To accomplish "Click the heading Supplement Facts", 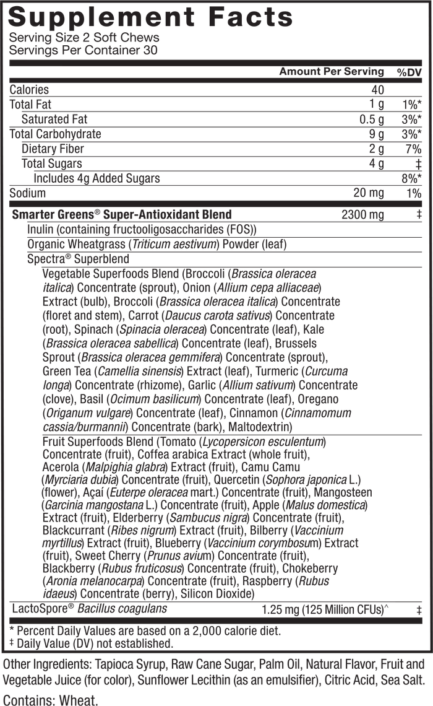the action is click(x=151, y=17).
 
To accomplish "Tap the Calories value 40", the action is click(x=378, y=90).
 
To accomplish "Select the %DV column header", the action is click(x=409, y=72).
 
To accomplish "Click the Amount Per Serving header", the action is click(x=332, y=71).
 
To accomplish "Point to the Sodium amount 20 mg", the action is click(x=369, y=193).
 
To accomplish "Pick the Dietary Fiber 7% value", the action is click(x=413, y=149).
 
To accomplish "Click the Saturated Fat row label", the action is click(x=54, y=120).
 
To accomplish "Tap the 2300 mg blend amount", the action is click(x=363, y=214).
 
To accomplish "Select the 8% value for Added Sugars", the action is click(x=411, y=179).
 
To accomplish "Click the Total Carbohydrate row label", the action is click(x=55, y=134).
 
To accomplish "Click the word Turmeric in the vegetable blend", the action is click(x=277, y=372).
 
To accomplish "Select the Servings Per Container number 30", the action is click(x=150, y=50).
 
